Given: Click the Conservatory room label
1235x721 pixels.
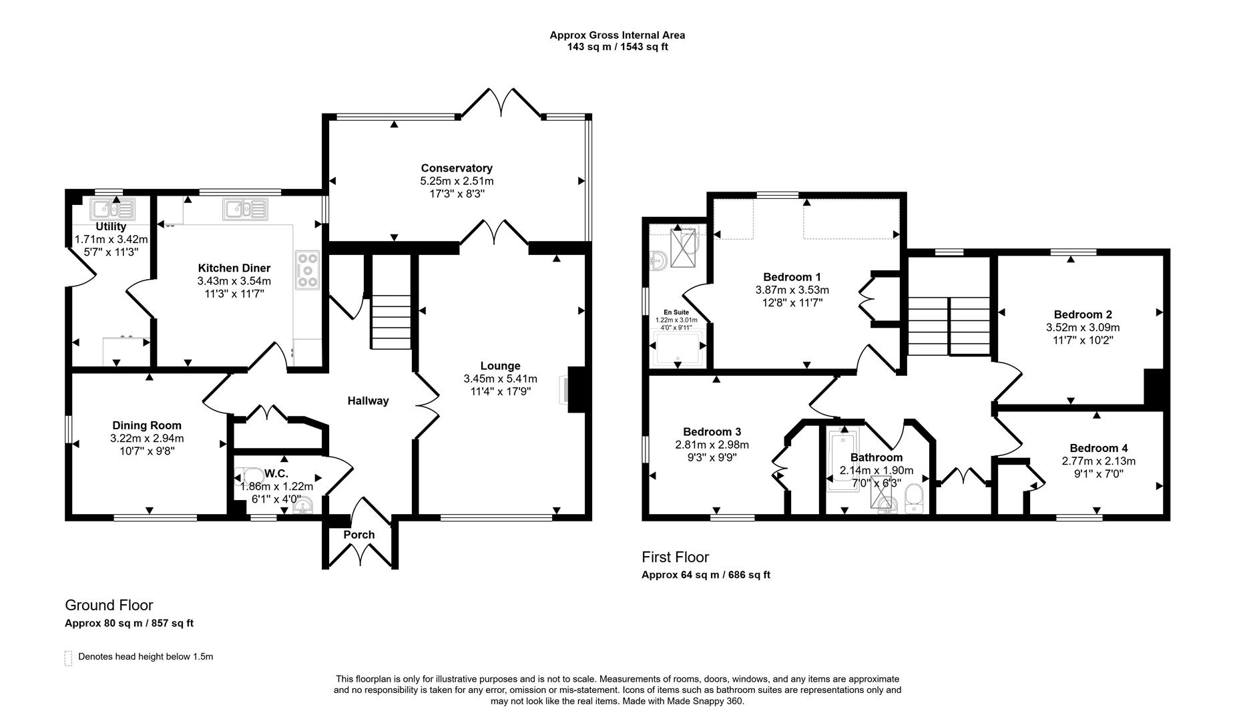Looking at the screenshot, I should pyautogui.click(x=456, y=168).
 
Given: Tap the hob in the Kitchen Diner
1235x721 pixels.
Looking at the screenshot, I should pyautogui.click(x=308, y=270).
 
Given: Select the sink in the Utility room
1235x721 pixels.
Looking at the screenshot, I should pyautogui.click(x=113, y=210).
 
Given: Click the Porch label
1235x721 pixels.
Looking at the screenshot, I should pyautogui.click(x=359, y=535).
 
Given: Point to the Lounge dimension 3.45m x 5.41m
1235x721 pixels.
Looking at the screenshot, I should pyautogui.click(x=500, y=379).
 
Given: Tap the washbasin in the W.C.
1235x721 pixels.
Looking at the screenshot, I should pyautogui.click(x=303, y=508).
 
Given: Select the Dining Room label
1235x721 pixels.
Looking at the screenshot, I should pyautogui.click(x=146, y=425).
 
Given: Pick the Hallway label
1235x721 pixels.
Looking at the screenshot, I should pyautogui.click(x=368, y=401).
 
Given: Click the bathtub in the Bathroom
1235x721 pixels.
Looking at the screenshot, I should pyautogui.click(x=842, y=461).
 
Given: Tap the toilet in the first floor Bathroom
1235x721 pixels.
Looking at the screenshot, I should pyautogui.click(x=914, y=499).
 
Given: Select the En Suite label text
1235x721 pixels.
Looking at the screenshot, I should pyautogui.click(x=676, y=312).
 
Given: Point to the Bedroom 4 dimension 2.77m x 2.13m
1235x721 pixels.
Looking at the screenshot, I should pyautogui.click(x=1098, y=461).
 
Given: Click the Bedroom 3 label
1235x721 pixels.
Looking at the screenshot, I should pyautogui.click(x=712, y=432).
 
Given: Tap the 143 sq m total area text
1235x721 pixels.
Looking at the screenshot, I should pyautogui.click(x=585, y=47).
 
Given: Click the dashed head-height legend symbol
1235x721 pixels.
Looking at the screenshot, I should pyautogui.click(x=68, y=658).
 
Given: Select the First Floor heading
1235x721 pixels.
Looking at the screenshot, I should pyautogui.click(x=675, y=557).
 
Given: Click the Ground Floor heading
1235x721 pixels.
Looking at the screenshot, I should pyautogui.click(x=109, y=605).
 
